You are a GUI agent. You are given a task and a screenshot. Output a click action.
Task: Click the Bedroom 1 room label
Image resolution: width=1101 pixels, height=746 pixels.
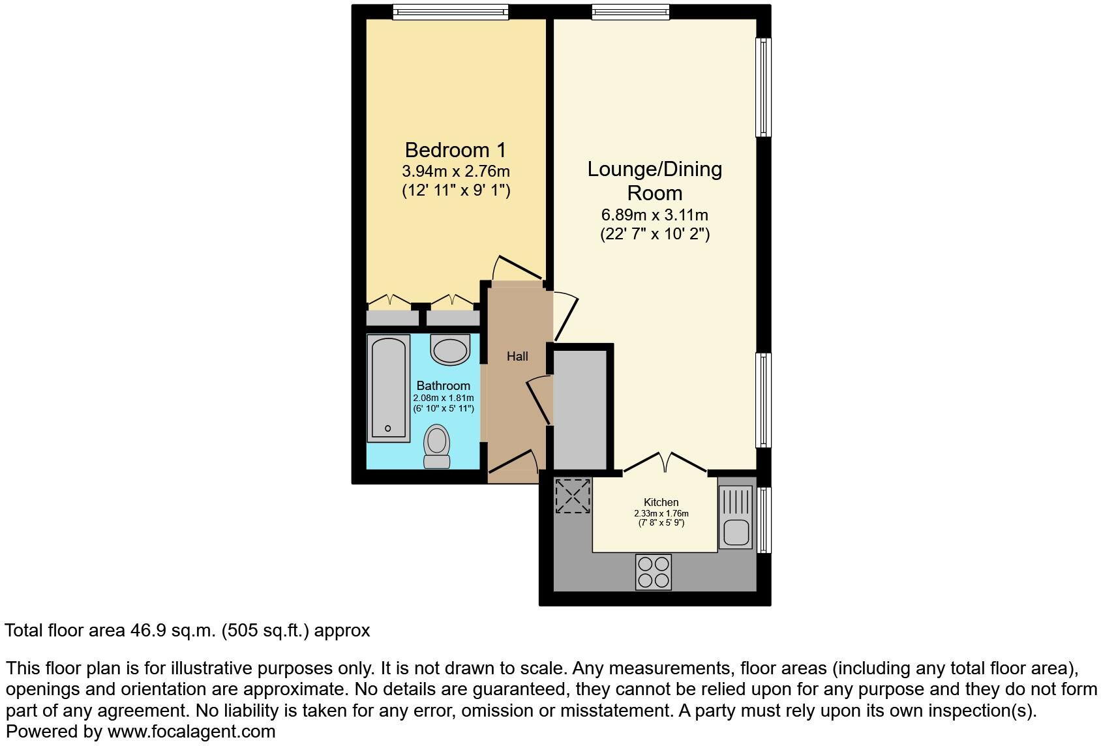pyautogui.click(x=455, y=150)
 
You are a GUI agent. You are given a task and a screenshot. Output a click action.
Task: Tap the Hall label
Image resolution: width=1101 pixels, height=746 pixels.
pyautogui.click(x=517, y=356)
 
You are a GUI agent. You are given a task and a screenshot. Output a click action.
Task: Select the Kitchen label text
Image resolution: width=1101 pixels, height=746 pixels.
pyautogui.click(x=661, y=502)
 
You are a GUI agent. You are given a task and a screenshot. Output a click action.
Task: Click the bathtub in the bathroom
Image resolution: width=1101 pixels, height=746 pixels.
pyautogui.click(x=389, y=388)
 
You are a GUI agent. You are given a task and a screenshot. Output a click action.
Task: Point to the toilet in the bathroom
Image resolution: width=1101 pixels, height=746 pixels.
pyautogui.click(x=436, y=446)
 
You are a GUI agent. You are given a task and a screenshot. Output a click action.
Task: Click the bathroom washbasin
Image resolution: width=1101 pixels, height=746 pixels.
pyautogui.click(x=451, y=350)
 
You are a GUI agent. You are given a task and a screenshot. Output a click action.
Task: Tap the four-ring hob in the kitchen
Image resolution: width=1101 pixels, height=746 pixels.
pyautogui.click(x=653, y=572)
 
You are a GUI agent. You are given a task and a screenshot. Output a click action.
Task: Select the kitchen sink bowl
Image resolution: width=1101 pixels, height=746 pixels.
pyautogui.click(x=736, y=533)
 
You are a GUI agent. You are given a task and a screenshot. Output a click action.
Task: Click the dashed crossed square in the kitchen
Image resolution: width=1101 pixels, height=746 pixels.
pyautogui.click(x=573, y=496)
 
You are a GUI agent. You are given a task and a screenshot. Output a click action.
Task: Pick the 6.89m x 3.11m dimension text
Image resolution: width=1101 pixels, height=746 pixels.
pyautogui.click(x=654, y=215)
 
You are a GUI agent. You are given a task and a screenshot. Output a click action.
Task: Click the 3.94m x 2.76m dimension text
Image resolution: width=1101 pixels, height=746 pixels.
pyautogui.click(x=455, y=172)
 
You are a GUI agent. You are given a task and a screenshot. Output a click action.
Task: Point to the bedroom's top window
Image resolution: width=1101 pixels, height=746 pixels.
pyautogui.click(x=450, y=12)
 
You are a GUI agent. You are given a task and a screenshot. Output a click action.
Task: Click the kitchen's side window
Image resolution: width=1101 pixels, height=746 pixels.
pyautogui.click(x=764, y=520)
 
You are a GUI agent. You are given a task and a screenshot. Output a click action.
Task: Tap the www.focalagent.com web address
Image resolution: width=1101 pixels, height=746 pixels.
pyautogui.click(x=191, y=732)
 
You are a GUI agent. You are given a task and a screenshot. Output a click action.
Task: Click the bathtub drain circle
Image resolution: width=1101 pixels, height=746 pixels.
pyautogui.click(x=387, y=428)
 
